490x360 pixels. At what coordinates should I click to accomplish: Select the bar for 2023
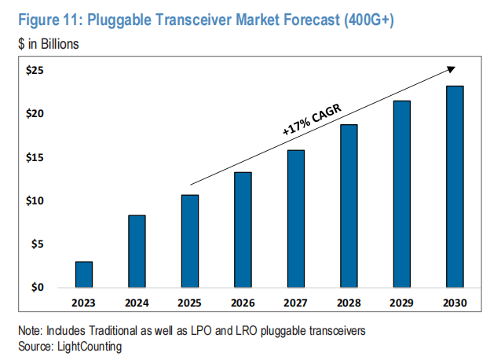84,274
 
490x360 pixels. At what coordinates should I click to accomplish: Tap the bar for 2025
190,241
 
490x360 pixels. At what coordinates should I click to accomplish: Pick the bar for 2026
243,230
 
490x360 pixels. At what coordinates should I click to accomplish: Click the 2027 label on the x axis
296,301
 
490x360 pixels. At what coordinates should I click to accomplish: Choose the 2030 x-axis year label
455,301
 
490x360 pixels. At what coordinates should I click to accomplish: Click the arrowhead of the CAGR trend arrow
452,69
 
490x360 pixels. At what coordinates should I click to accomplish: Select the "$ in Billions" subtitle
48,45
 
